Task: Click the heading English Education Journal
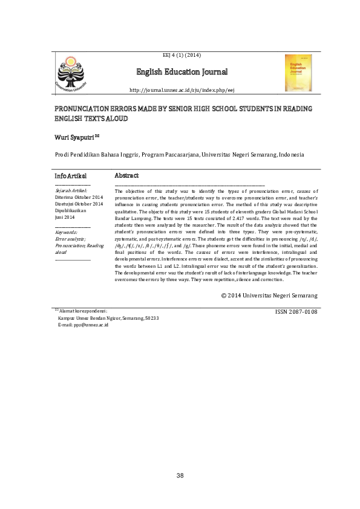[x=182, y=73]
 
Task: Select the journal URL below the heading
[x=182, y=90]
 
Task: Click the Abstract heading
[x=126, y=175]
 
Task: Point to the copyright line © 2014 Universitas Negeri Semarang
[x=269, y=295]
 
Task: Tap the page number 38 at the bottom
[x=180, y=476]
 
